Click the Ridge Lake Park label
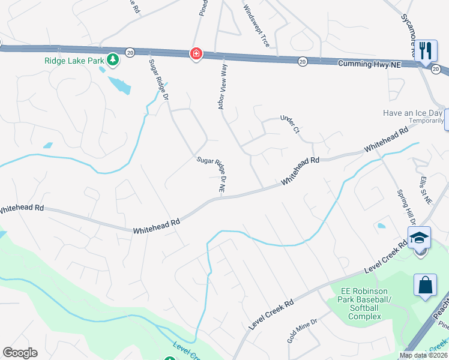click(x=73, y=60)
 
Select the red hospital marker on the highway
click(x=196, y=55)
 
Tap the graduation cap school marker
click(x=420, y=237)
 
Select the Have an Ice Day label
click(x=414, y=113)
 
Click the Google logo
click(x=20, y=353)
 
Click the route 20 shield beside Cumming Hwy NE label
click(x=303, y=61)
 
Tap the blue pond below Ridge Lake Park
click(x=120, y=85)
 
